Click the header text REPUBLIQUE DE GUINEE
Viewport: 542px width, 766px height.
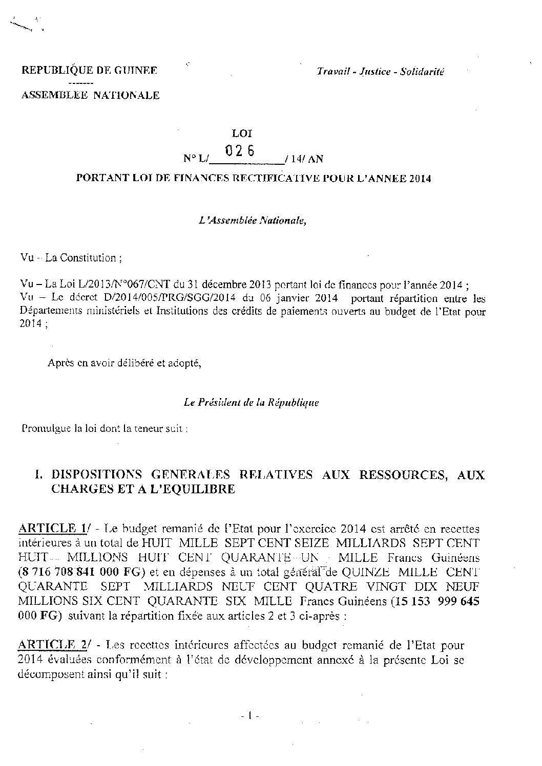89,71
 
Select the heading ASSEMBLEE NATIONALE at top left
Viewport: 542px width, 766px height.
90,95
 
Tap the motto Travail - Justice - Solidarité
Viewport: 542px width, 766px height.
380,72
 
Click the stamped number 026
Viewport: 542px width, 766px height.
241,152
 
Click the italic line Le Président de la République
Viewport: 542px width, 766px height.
251,403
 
